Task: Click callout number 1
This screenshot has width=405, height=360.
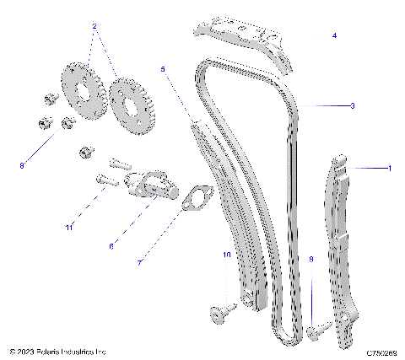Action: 389,169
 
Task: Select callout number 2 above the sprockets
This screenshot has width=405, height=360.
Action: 94,27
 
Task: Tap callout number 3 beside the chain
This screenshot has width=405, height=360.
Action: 352,106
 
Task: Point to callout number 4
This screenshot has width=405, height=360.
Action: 334,35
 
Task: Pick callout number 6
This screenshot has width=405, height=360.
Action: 111,245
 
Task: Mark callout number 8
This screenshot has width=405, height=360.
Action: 22,166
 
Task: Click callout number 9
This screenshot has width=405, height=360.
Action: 310,261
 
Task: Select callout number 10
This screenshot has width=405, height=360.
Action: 226,254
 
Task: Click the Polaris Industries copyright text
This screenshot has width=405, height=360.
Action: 57,351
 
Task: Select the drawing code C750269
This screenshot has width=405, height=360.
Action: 382,351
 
